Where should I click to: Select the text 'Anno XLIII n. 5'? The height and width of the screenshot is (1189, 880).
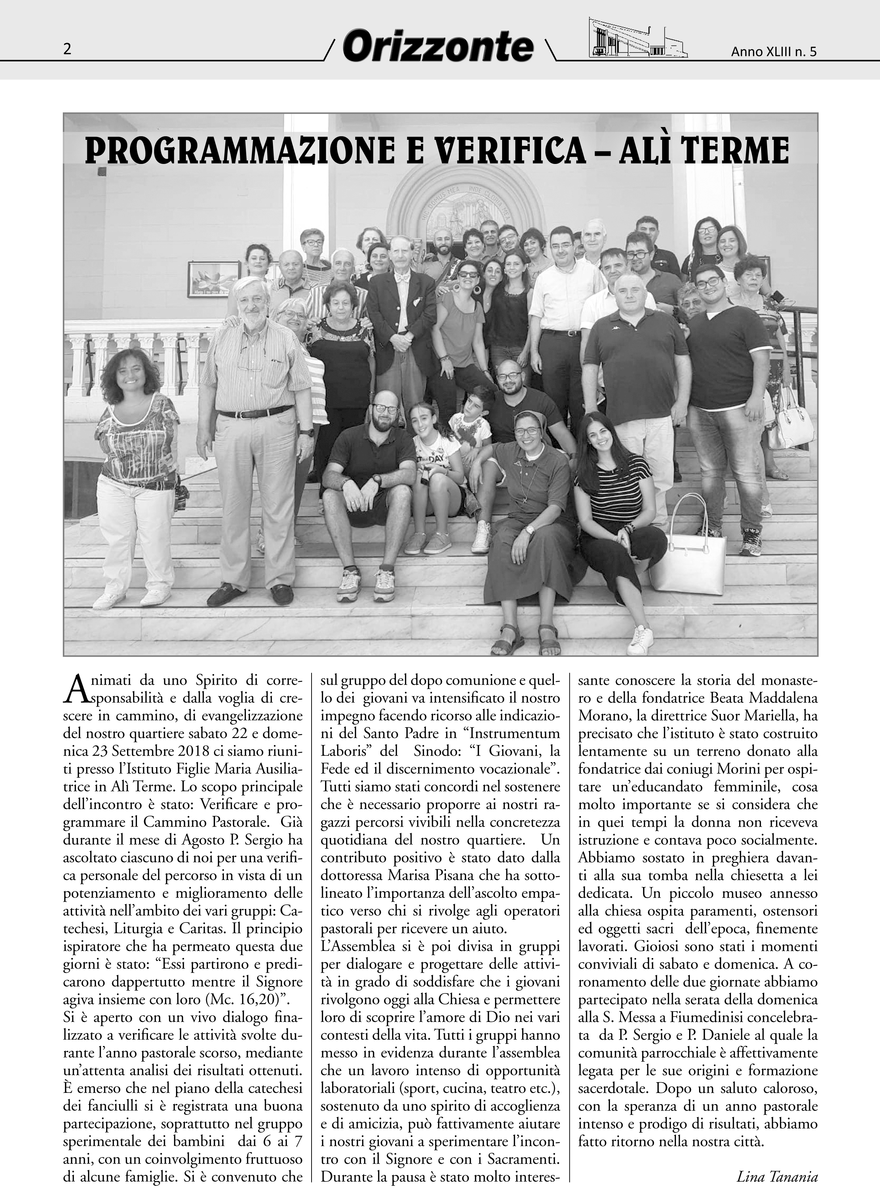774,52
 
